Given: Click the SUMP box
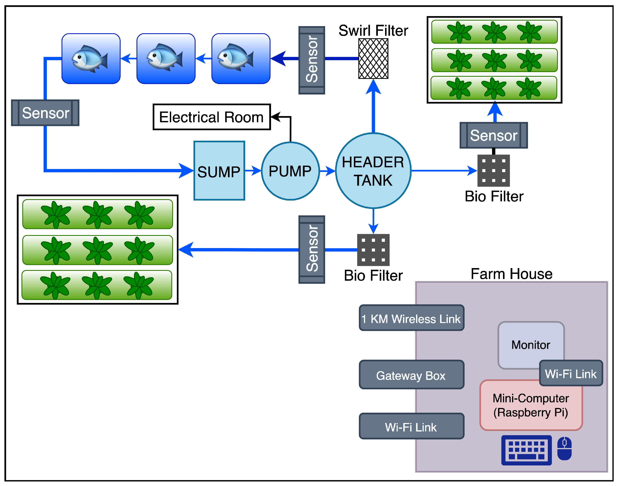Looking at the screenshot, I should pyautogui.click(x=219, y=171).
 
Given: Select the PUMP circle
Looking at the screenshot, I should pyautogui.click(x=290, y=171).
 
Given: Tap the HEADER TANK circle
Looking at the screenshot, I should pyautogui.click(x=373, y=171).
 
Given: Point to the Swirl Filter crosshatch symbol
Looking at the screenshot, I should pyautogui.click(x=373, y=59).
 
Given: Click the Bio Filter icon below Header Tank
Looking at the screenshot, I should pyautogui.click(x=373, y=250).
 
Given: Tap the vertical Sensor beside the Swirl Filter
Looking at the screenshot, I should pyautogui.click(x=312, y=60).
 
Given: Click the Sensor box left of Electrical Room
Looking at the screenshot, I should pyautogui.click(x=45, y=113).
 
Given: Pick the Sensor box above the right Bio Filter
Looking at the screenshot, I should pyautogui.click(x=493, y=135).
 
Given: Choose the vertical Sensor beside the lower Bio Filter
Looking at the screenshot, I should pyautogui.click(x=312, y=249).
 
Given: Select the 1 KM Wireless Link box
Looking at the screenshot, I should pyautogui.click(x=411, y=318).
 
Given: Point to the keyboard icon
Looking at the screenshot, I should pyautogui.click(x=526, y=450).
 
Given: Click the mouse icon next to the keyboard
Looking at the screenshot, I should pyautogui.click(x=564, y=448).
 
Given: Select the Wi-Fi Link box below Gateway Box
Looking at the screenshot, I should pyautogui.click(x=411, y=426).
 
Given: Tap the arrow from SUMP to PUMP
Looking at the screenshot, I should pyautogui.click(x=253, y=171).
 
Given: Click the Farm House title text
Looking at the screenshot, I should pyautogui.click(x=511, y=274).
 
